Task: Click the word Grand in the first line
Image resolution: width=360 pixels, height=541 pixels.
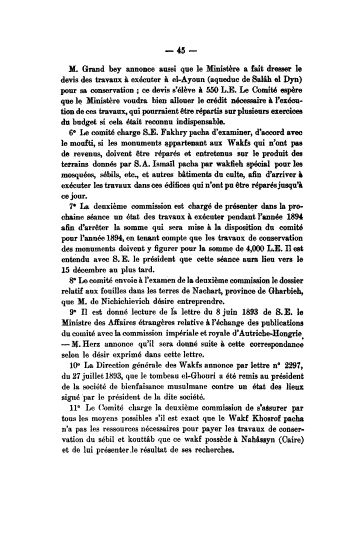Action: tap(99, 67)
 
